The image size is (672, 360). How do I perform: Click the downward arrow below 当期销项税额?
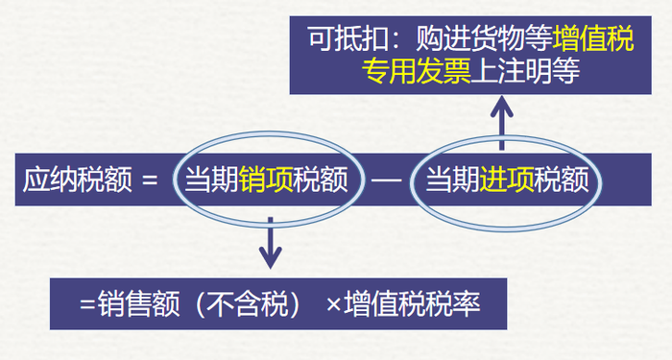(x=272, y=244)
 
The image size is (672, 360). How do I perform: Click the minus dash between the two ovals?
(x=386, y=180)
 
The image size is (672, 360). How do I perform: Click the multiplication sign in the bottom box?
(x=334, y=304)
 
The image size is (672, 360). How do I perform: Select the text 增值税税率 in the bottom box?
(x=412, y=304)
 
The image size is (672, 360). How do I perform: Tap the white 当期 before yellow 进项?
(x=452, y=180)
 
